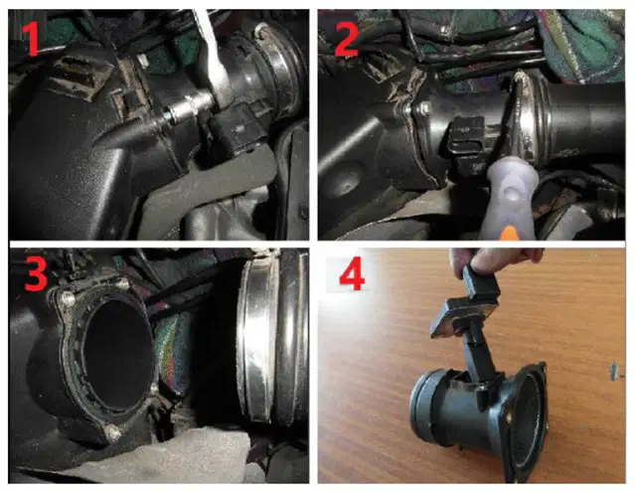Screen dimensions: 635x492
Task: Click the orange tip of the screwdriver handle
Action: [x=511, y=234]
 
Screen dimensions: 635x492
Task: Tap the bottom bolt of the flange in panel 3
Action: [x=113, y=433]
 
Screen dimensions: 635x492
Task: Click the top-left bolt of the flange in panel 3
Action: [x=68, y=299]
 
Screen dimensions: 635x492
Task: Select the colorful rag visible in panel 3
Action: [x=172, y=353]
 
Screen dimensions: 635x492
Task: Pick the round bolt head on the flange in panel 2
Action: [x=423, y=107]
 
